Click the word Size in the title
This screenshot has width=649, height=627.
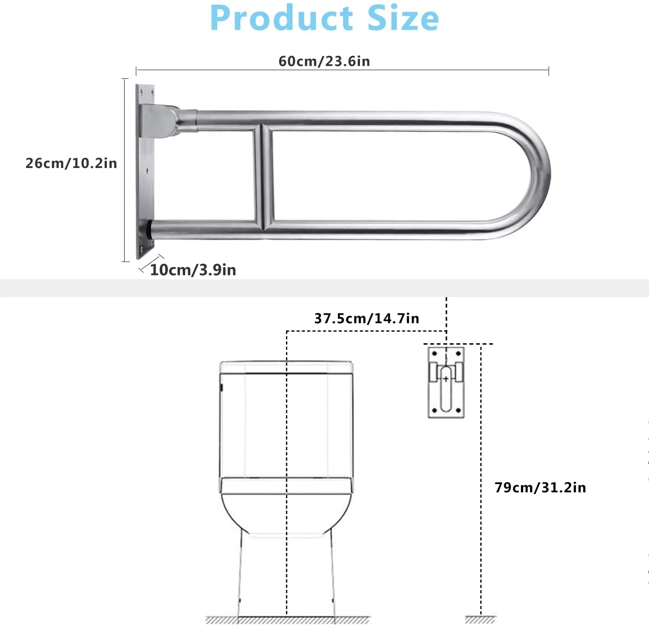pos(403,18)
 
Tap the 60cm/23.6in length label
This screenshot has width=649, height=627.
pos(324,61)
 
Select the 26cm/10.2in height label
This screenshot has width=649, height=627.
pos(71,163)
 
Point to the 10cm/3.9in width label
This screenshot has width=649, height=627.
pos(193,270)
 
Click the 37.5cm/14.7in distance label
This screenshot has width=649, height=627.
pos(366,318)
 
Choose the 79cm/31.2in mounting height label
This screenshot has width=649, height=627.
pos(540,487)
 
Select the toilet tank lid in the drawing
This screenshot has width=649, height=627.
pos(286,367)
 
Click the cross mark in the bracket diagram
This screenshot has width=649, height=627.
pos(446,379)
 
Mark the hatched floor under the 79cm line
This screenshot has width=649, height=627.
pos(481,620)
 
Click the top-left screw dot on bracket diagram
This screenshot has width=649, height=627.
pos(434,354)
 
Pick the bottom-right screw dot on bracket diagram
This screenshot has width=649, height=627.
pos(459,410)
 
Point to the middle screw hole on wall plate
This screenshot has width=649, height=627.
pos(147,171)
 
